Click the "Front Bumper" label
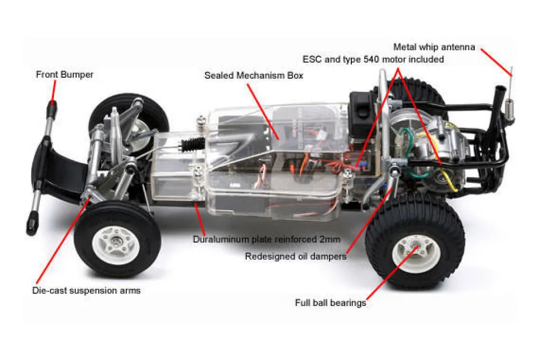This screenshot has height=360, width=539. [65, 75]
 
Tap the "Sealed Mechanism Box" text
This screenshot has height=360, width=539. [254, 75]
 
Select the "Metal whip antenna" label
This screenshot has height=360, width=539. [434, 47]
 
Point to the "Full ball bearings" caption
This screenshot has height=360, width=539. [331, 303]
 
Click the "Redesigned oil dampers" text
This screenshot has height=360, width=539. [296, 257]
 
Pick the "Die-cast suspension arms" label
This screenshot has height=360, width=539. [86, 291]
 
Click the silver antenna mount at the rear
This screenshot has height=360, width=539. [509, 110]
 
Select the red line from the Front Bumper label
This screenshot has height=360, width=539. [54, 90]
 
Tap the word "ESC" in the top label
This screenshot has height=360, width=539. [312, 59]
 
